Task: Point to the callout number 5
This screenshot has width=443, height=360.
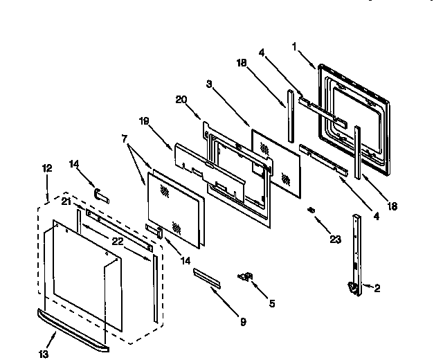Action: coord(271,303)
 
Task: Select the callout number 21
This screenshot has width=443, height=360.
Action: coord(65,201)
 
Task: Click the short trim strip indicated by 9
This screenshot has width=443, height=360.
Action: coord(208,277)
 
